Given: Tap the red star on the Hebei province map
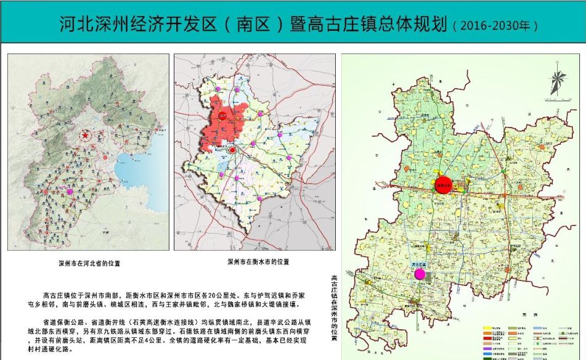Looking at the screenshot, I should (86, 136).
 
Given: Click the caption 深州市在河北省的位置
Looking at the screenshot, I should (88, 263).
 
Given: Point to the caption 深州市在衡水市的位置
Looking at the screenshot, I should (258, 262).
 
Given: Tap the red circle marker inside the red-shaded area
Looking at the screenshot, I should (232, 149).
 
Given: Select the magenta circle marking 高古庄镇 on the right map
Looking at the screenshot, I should (420, 274).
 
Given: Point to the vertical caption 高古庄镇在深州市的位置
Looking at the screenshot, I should (334, 308).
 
